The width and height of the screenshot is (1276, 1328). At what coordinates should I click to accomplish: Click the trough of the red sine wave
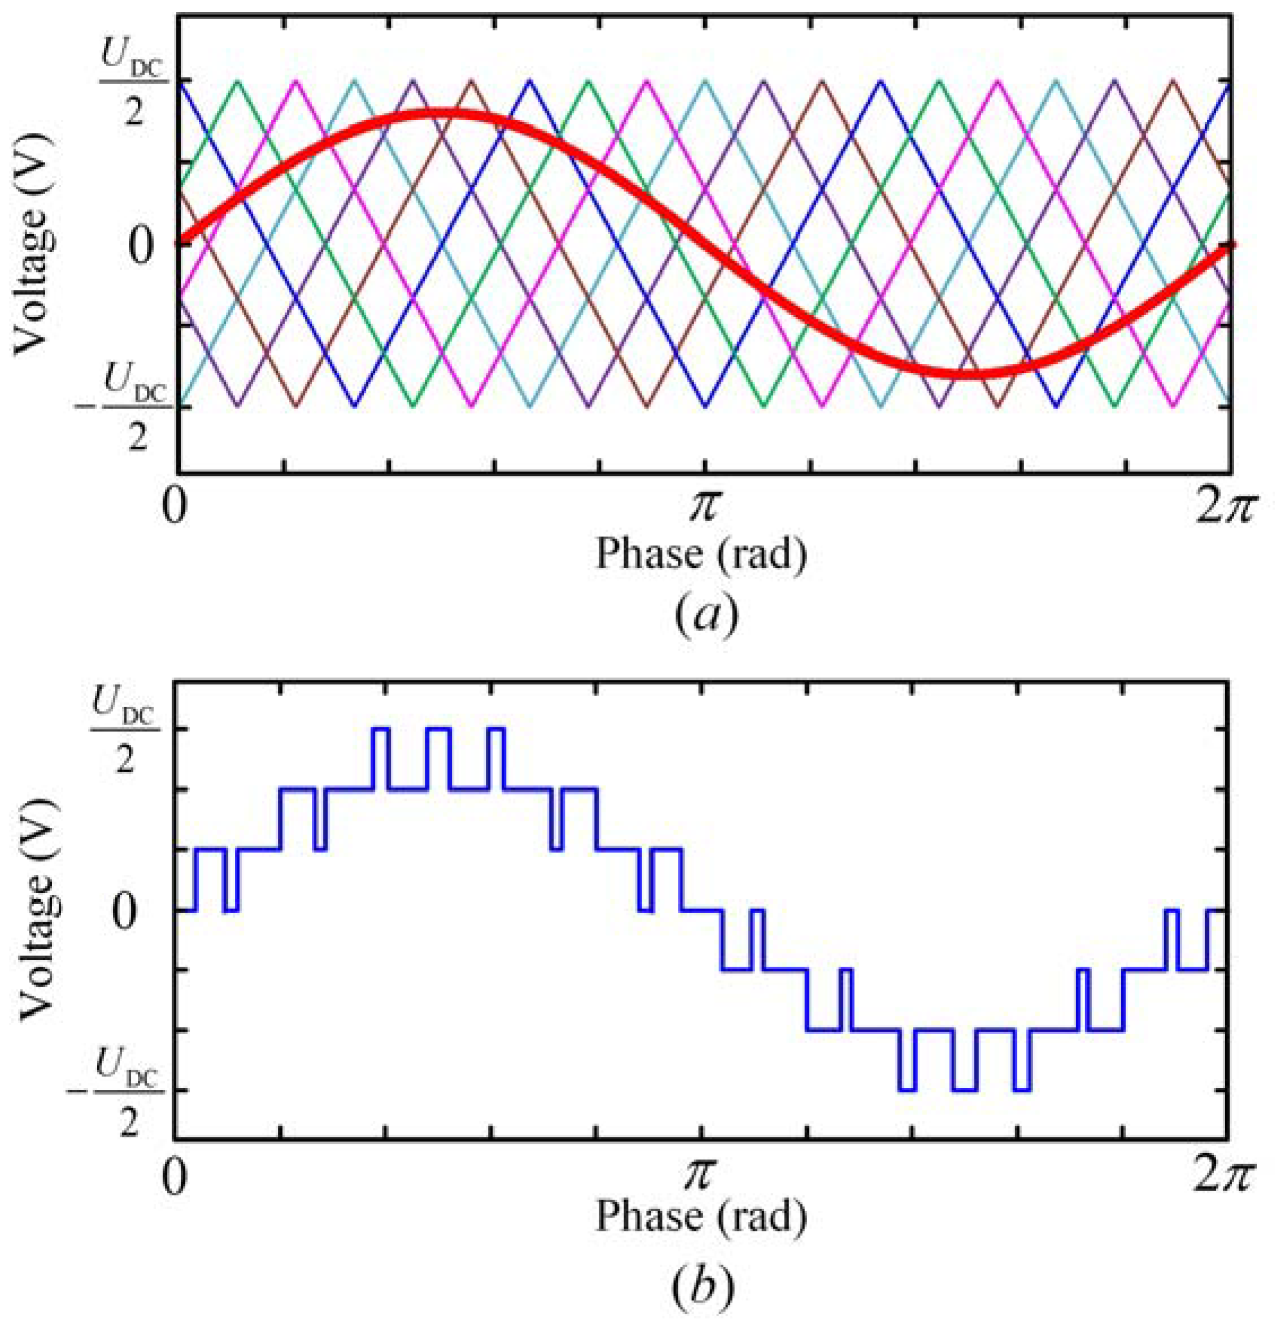coord(967,374)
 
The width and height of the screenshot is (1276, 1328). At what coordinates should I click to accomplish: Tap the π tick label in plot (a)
coord(703,507)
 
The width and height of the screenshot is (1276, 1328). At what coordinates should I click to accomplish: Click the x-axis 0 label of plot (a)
coord(174,507)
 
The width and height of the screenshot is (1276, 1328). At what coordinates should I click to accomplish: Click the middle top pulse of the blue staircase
coord(438,729)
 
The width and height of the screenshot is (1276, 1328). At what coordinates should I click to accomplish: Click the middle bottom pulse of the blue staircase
coord(964,1090)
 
